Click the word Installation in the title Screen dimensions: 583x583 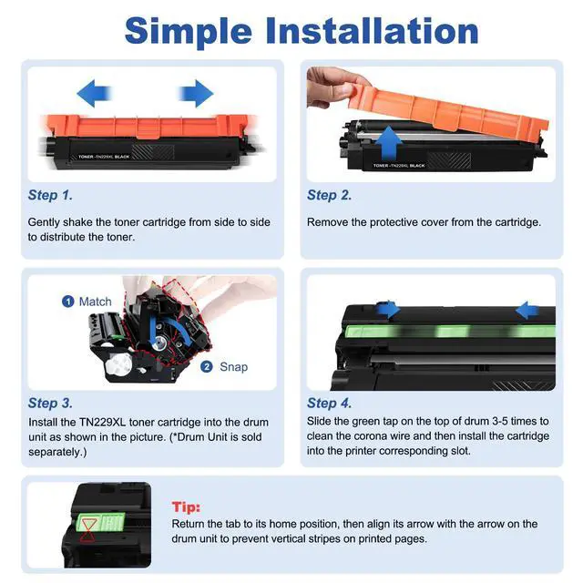[x=372, y=31]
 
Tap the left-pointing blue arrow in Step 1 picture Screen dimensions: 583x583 [x=94, y=93]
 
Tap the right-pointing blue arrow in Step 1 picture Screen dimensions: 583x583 [x=196, y=93]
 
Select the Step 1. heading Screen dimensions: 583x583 [x=50, y=195]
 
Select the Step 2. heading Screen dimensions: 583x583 [x=330, y=195]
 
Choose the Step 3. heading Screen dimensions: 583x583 [x=50, y=403]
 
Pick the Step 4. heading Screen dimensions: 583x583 [x=330, y=403]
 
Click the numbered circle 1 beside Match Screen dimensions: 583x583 [x=67, y=302]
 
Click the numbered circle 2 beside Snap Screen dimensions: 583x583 [x=207, y=367]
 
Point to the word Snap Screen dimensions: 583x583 [x=233, y=367]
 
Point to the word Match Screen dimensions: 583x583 [x=95, y=302]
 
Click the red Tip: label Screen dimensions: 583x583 [x=186, y=507]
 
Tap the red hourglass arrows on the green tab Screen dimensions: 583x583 [x=88, y=530]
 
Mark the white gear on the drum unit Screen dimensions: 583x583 [x=119, y=363]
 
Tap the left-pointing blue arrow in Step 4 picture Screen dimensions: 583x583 [x=527, y=310]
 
